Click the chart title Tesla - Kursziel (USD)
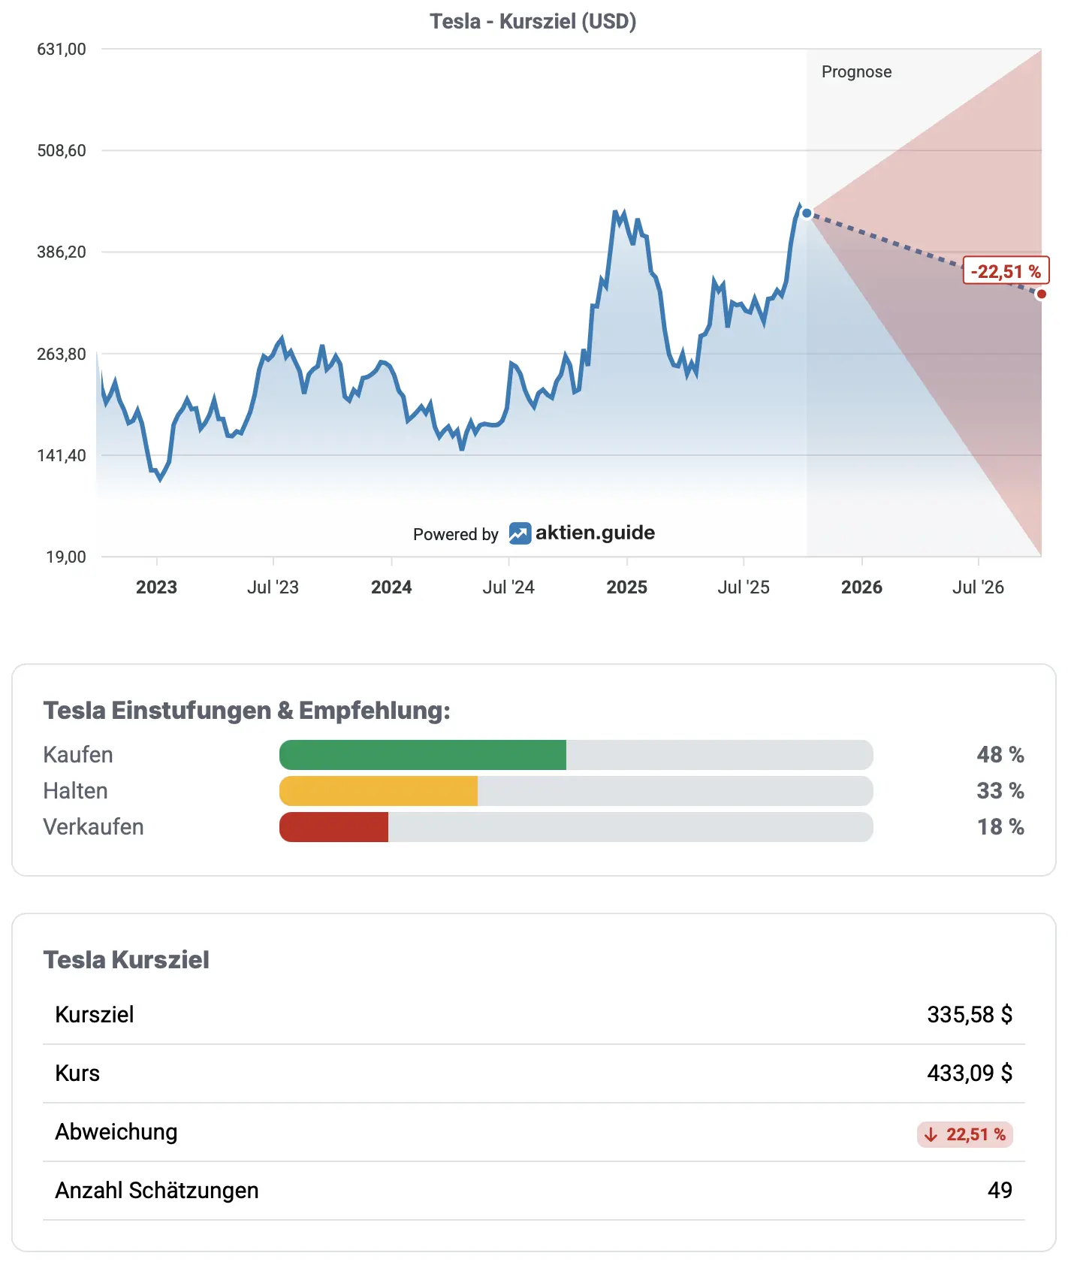(532, 21)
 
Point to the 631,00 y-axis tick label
(62, 50)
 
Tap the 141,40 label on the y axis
(62, 455)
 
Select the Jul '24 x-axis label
(508, 587)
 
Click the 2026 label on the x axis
(861, 587)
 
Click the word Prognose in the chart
(856, 72)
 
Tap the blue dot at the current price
(807, 213)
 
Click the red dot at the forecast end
(1041, 294)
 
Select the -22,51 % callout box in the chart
(1006, 271)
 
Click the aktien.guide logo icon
(520, 533)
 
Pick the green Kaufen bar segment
(423, 755)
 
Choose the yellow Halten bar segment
(379, 791)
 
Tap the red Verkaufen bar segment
(334, 827)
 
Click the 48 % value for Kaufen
(1000, 755)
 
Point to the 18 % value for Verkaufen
(1000, 827)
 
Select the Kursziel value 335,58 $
(969, 1015)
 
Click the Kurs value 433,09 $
(969, 1073)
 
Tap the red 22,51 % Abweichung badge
(965, 1134)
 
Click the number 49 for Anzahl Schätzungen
(1000, 1191)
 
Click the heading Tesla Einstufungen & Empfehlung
(246, 711)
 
